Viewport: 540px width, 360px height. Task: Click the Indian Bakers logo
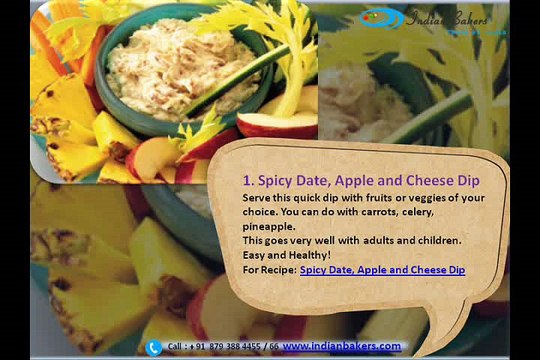(434, 19)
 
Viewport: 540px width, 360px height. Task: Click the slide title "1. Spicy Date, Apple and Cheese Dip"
(361, 181)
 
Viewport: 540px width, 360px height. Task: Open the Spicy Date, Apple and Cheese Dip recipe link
(382, 270)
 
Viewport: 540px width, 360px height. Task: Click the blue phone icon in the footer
(153, 347)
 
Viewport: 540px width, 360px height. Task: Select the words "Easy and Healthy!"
(281, 255)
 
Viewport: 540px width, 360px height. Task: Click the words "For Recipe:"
(269, 270)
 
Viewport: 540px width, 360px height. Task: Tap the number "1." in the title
(250, 181)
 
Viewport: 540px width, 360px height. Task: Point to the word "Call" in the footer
(176, 346)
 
